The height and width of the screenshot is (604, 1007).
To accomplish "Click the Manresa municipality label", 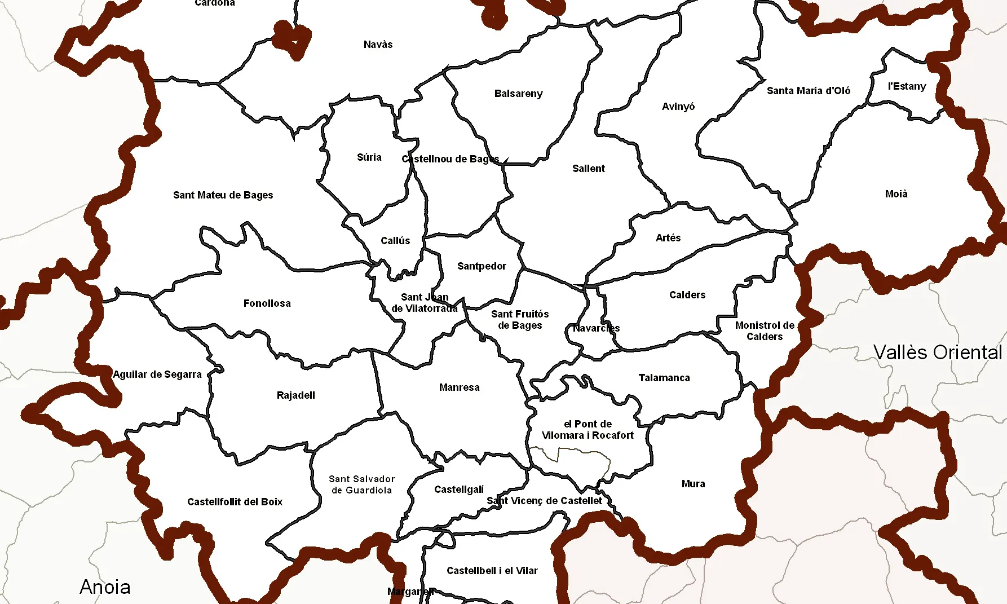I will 459,387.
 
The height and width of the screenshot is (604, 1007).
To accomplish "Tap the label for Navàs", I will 378,45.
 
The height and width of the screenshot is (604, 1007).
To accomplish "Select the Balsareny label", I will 518,94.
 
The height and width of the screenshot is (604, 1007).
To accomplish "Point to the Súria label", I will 369,157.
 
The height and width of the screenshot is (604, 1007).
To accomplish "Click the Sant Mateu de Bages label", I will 223,195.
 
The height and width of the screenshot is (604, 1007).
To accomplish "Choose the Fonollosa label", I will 267,303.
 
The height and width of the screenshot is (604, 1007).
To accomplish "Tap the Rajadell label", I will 295,395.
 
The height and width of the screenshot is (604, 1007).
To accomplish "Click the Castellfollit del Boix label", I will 235,502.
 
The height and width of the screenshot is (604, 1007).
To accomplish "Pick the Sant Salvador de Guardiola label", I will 361,484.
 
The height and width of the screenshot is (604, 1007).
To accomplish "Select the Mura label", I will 693,484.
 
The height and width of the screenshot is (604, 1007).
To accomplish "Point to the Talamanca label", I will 664,378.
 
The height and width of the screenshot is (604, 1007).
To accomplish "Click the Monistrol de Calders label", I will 765,331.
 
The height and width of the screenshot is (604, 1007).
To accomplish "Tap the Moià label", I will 896,194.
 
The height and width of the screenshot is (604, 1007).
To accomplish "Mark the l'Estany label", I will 907,86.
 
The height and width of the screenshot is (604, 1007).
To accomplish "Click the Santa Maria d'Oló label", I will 808,91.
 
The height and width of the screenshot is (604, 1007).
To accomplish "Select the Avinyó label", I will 678,107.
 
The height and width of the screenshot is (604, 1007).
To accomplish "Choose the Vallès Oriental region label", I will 938,352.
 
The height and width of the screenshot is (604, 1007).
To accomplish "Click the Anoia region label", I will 105,587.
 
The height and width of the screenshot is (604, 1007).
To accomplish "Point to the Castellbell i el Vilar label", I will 492,571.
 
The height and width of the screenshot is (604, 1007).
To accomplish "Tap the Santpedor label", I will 482,266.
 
